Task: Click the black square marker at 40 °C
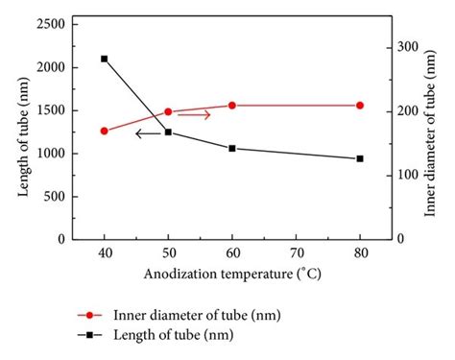click(105, 59)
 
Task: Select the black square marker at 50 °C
click(168, 132)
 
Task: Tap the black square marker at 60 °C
click(231, 149)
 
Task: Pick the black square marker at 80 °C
click(360, 158)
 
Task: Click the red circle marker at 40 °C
click(105, 131)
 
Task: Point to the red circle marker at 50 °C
click(168, 111)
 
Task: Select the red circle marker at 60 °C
click(231, 106)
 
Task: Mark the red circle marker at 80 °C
click(360, 106)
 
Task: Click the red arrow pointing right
click(194, 115)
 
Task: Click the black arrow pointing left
click(148, 133)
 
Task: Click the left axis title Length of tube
click(22, 132)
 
